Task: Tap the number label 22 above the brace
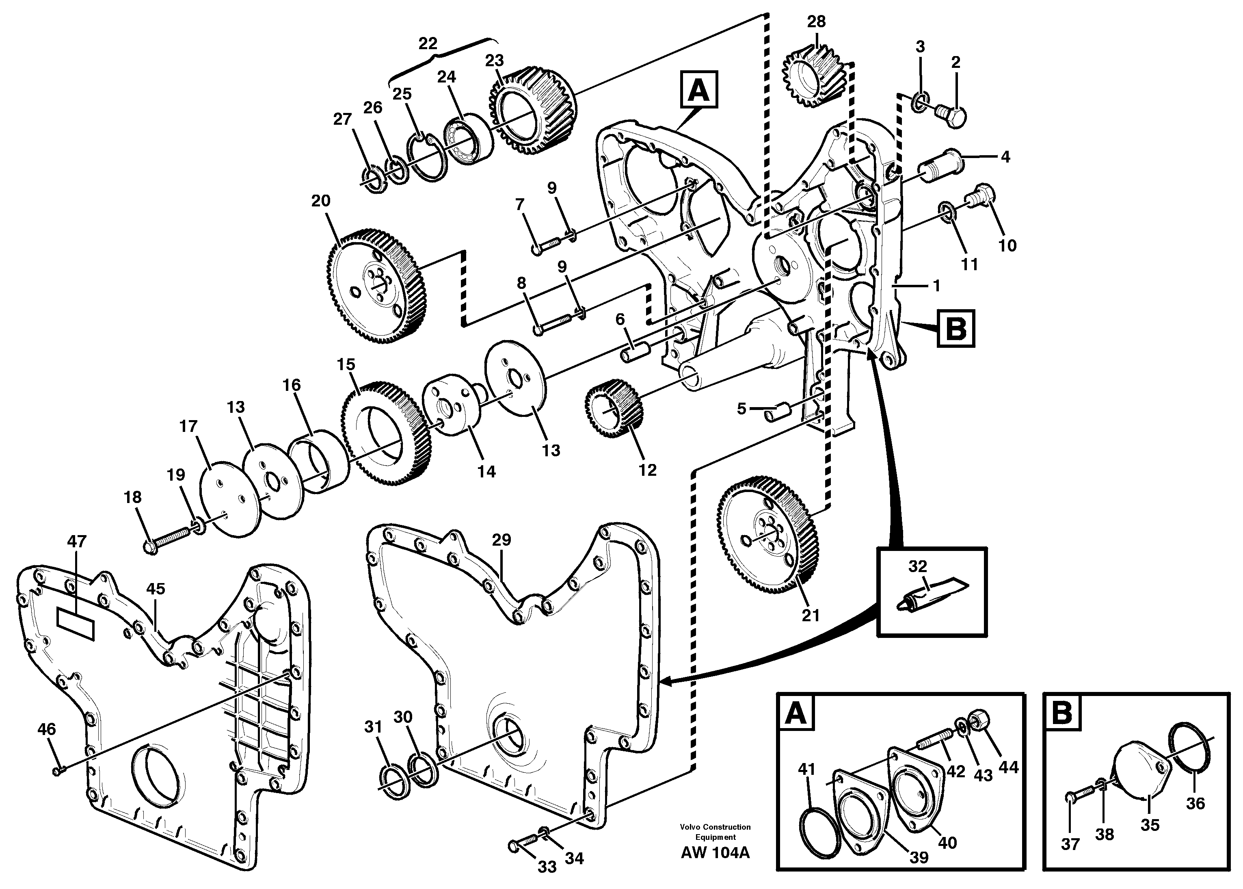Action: [428, 44]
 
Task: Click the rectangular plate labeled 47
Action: [76, 625]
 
